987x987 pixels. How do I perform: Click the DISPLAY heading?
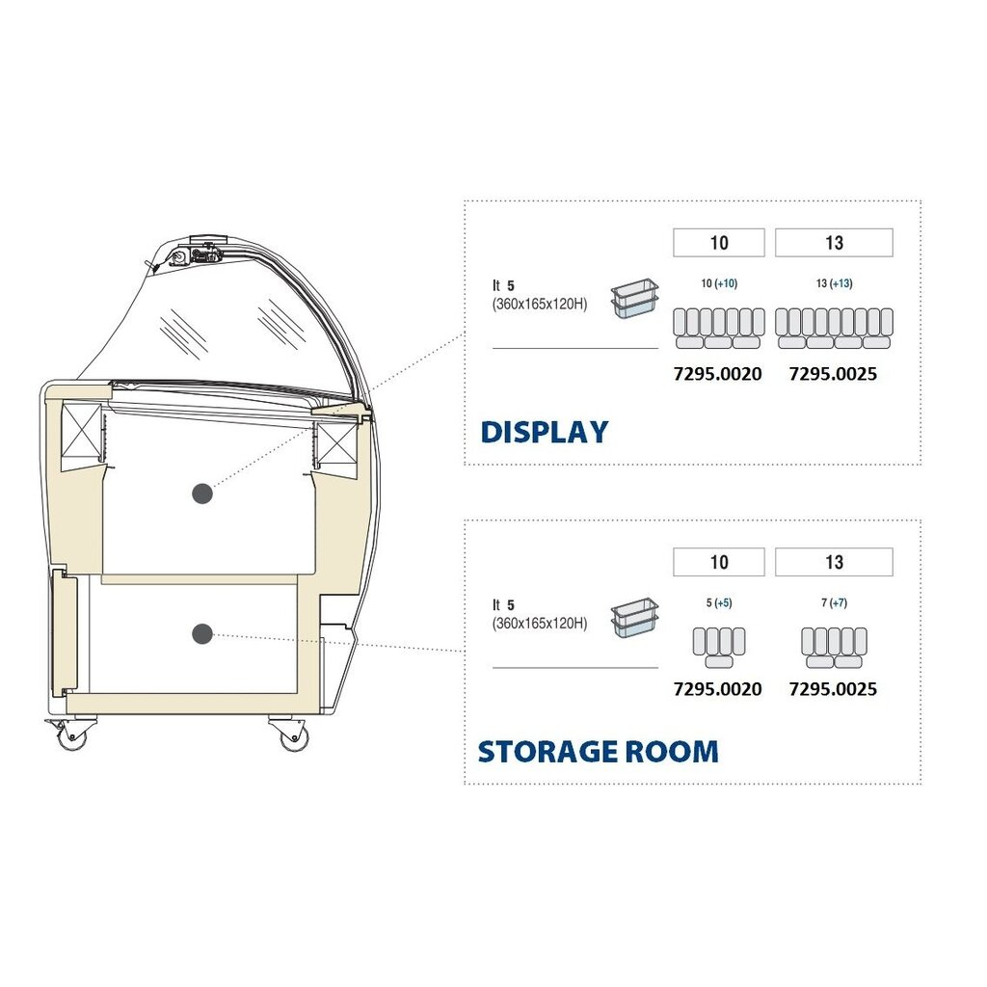pyautogui.click(x=545, y=432)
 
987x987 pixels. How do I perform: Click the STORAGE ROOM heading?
pyautogui.click(x=598, y=751)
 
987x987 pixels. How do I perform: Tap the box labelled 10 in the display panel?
pyautogui.click(x=719, y=243)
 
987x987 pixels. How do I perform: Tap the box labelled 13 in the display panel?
pyautogui.click(x=834, y=243)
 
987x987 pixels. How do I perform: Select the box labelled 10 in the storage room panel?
pyautogui.click(x=719, y=562)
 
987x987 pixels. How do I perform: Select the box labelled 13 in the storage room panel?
pyautogui.click(x=834, y=562)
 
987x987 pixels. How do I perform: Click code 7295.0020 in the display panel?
pyautogui.click(x=717, y=374)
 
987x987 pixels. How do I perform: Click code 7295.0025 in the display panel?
pyautogui.click(x=833, y=374)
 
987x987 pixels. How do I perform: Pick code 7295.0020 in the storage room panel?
pyautogui.click(x=717, y=689)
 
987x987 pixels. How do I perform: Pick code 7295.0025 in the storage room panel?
pyautogui.click(x=833, y=689)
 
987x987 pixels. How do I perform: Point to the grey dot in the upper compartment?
pyautogui.click(x=201, y=493)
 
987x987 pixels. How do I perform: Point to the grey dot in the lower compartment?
pyautogui.click(x=201, y=633)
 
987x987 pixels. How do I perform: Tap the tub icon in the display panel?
pyautogui.click(x=634, y=299)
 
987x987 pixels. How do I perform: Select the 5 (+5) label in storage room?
pyautogui.click(x=718, y=603)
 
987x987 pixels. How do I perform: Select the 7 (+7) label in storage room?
pyautogui.click(x=834, y=603)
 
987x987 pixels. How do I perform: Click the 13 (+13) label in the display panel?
pyautogui.click(x=834, y=284)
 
